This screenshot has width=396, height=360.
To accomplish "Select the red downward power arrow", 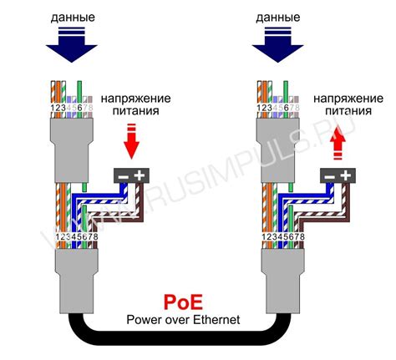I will pos(130,143).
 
